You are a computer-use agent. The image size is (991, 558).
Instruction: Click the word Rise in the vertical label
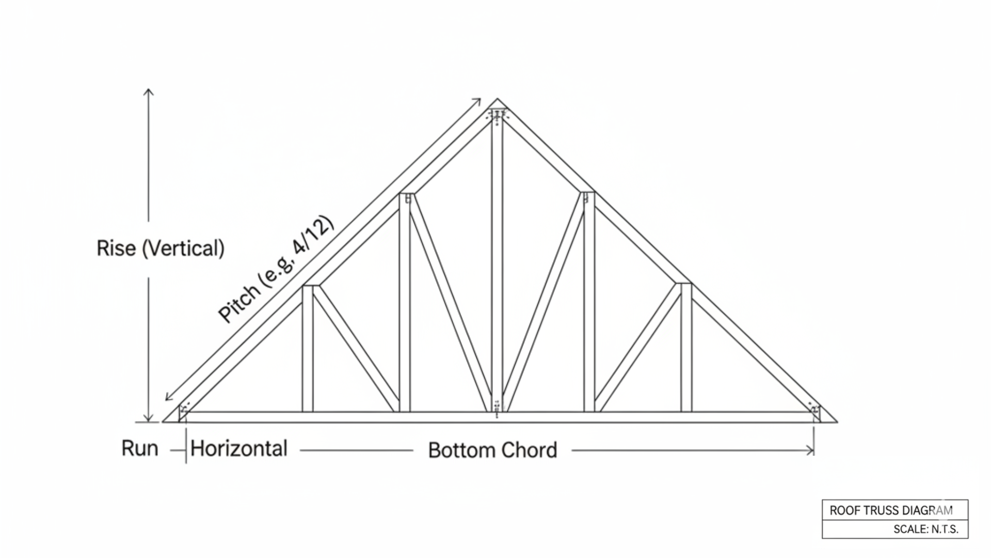tap(116, 249)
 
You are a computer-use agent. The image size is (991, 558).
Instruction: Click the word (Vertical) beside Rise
tap(183, 249)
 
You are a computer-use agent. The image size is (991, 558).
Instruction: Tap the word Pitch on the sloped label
tap(238, 304)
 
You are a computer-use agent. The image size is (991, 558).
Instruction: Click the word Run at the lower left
tap(139, 448)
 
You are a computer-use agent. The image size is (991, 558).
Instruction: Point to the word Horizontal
tap(238, 448)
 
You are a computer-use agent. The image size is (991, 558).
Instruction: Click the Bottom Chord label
tap(492, 450)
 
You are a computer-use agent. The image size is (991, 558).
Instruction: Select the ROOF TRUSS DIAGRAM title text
tap(891, 510)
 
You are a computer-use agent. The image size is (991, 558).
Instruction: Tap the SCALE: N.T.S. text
tap(925, 529)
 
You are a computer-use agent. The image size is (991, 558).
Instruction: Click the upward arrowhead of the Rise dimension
tap(149, 91)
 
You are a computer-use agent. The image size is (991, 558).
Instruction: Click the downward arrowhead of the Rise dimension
tap(149, 419)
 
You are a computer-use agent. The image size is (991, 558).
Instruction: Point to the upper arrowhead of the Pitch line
tap(478, 100)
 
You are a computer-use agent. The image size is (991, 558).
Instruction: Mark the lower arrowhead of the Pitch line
tap(168, 397)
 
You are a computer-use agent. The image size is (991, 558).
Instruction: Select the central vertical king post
tap(497, 258)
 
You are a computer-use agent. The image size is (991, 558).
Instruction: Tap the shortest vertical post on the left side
tap(308, 349)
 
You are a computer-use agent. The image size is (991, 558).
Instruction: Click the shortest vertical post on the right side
tap(686, 349)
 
